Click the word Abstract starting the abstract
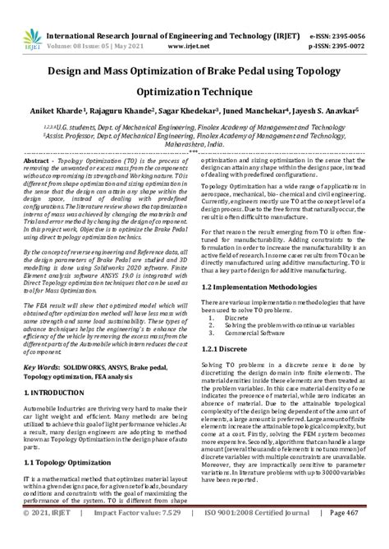coord(37,164)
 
